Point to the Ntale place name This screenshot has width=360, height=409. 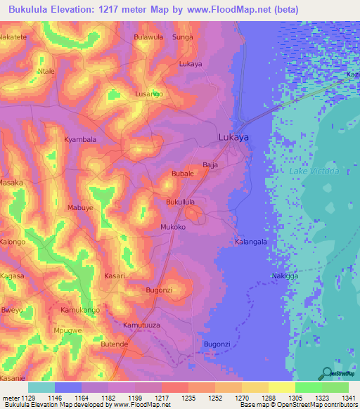point(46,72)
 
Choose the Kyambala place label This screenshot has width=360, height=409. point(80,139)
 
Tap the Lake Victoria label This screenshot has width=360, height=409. point(314,171)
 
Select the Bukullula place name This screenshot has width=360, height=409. point(180,202)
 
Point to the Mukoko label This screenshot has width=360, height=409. point(173,228)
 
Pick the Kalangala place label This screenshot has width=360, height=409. point(250,242)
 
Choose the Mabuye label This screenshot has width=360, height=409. point(79,208)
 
